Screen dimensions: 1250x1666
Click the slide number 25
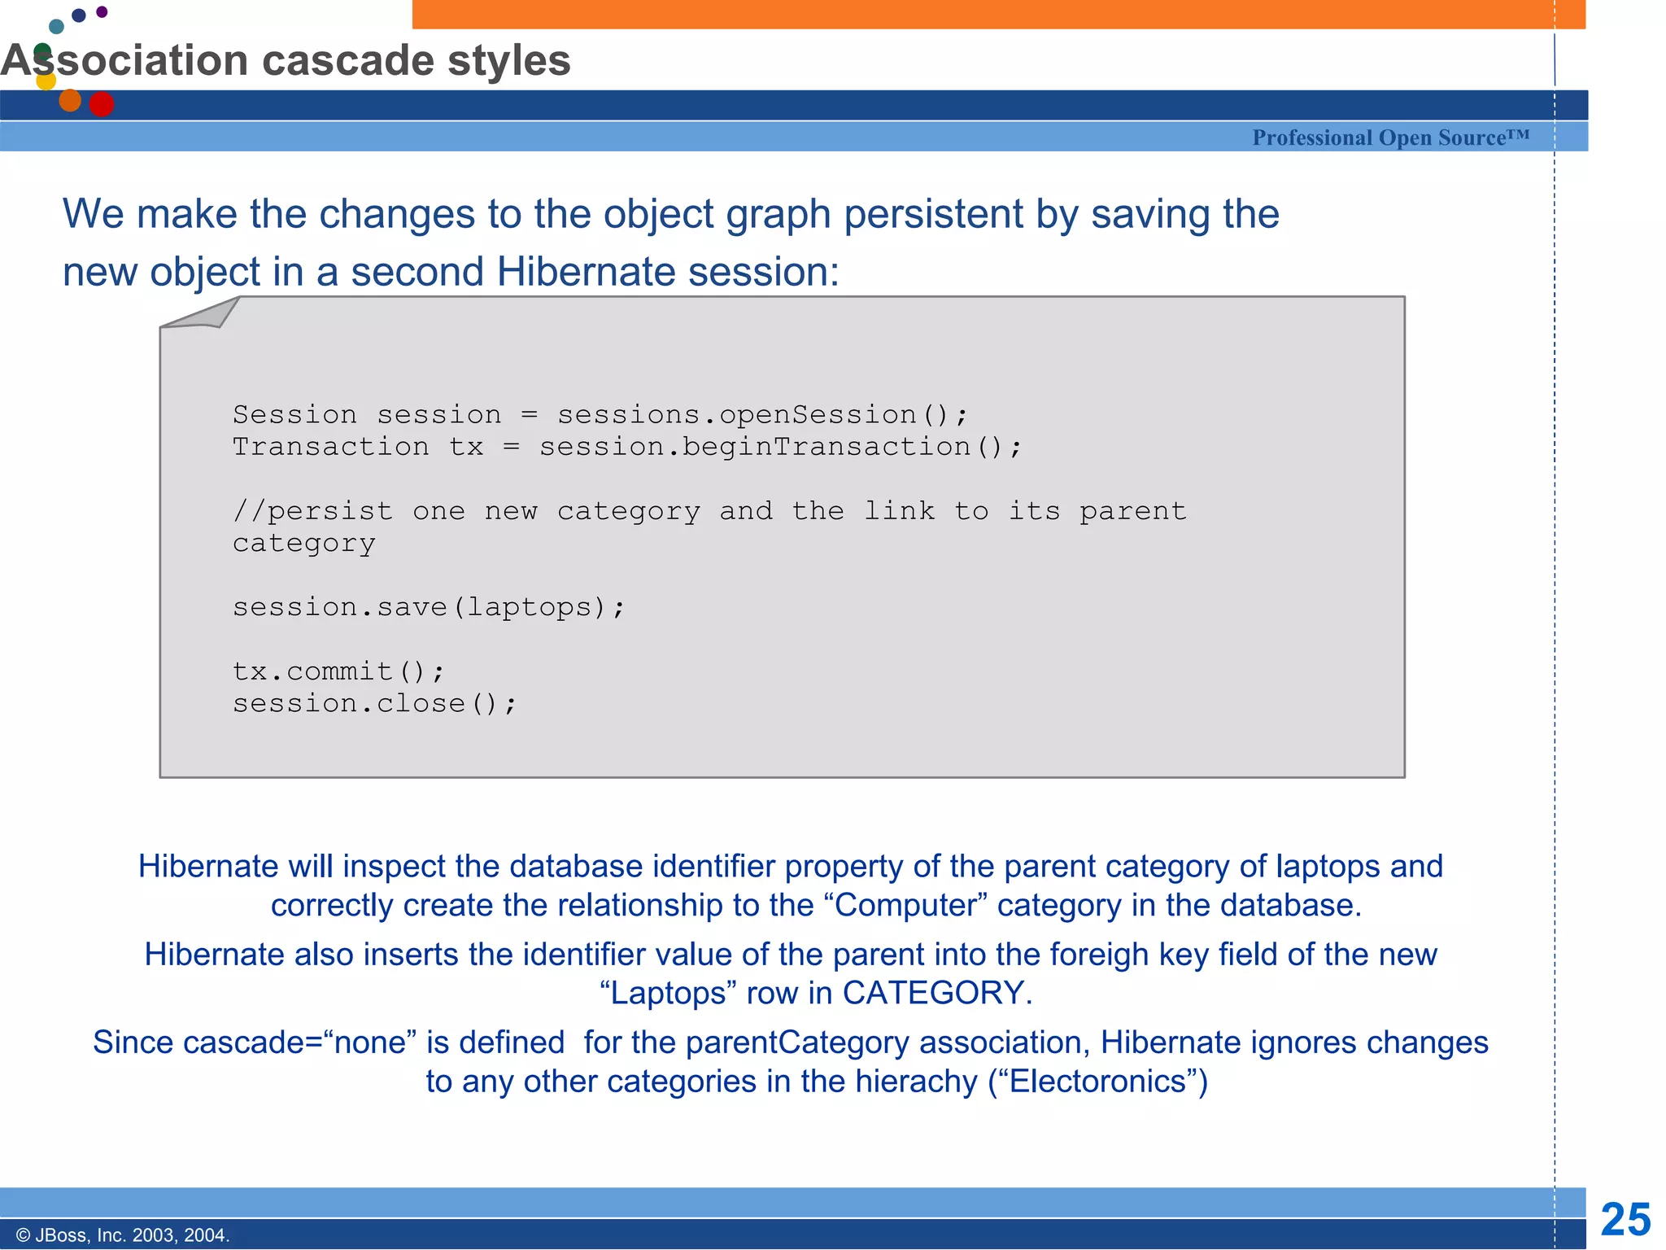[1625, 1220]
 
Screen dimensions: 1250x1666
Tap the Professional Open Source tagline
[1390, 138]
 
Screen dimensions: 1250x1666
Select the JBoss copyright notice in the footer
[123, 1235]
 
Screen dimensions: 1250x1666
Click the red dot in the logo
[102, 104]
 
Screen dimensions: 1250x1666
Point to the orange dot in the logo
[70, 100]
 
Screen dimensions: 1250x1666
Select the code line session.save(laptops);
[429, 607]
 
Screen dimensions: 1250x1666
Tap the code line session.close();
[374, 703]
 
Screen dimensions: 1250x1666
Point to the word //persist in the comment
[313, 511]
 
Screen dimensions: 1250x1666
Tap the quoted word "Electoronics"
[1097, 1081]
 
